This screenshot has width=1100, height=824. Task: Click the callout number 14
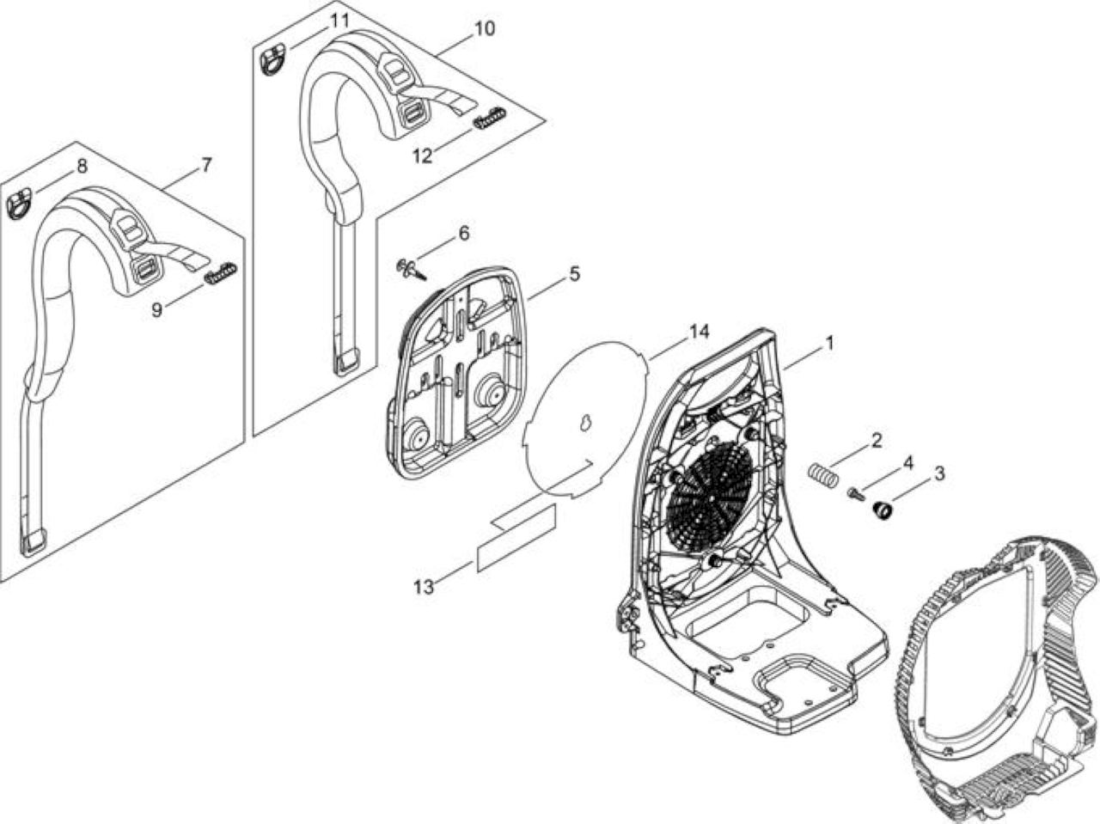click(699, 333)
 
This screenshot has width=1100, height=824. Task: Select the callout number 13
click(424, 587)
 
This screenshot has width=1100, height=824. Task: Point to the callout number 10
click(484, 28)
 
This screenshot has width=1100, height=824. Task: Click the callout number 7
click(206, 165)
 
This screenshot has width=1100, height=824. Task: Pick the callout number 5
click(574, 274)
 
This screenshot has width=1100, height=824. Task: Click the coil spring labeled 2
click(824, 475)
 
